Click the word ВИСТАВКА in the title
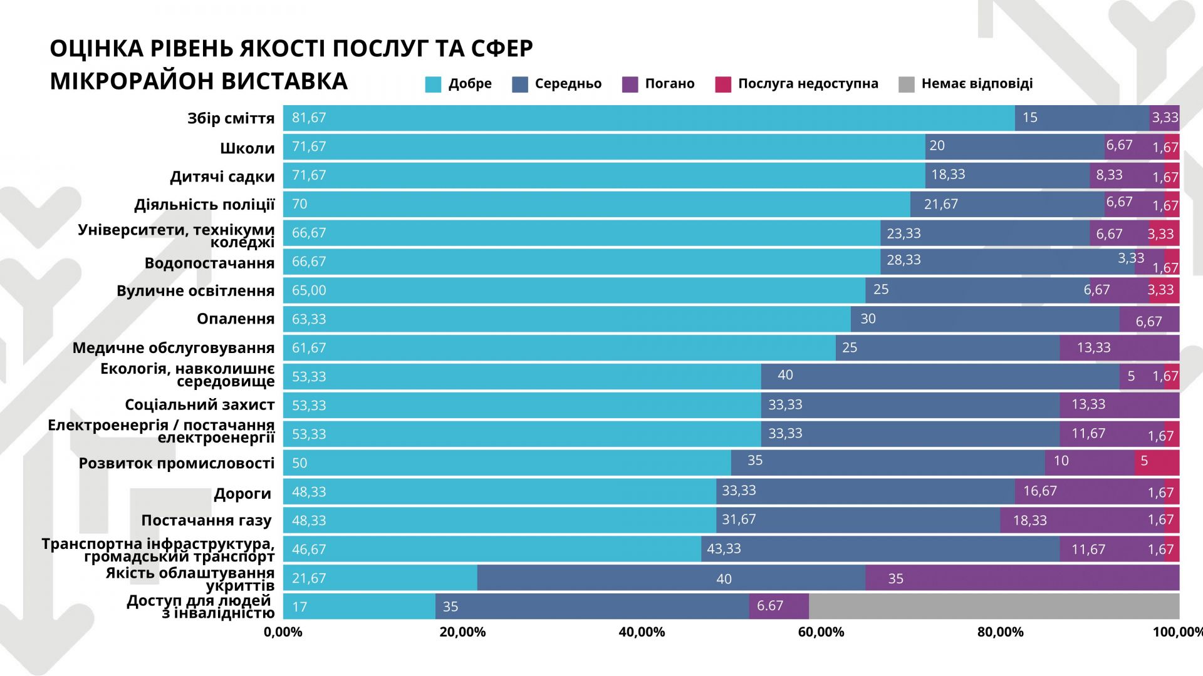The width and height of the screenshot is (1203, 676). pos(284,81)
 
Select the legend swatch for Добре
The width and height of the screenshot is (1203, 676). pos(433,84)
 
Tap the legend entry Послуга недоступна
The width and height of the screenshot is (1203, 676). pos(808,84)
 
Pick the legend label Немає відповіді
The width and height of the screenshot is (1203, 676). pos(977,84)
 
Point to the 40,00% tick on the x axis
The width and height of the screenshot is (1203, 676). pos(642,632)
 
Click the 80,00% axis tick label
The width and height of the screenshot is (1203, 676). pos(1000,632)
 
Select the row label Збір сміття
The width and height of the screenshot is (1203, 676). pos(231,119)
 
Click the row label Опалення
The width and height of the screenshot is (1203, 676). pos(236,319)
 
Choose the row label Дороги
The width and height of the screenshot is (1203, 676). pos(242,494)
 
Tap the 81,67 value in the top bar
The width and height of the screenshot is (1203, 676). pos(309,118)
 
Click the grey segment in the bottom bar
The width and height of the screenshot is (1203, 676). pos(994,607)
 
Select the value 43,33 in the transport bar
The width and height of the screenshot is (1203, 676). pos(724,549)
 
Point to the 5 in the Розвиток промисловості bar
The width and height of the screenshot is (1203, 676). pos(1144,461)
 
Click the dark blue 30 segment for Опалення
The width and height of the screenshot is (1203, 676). pos(868,319)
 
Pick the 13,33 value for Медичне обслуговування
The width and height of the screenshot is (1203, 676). pos(1093,348)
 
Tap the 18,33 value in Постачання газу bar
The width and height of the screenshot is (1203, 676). pos(1029,521)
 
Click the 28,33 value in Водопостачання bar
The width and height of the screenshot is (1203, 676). pos(904,260)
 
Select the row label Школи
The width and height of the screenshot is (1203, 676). pos(247,149)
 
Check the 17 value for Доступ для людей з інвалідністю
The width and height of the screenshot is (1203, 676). pos(299,607)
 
